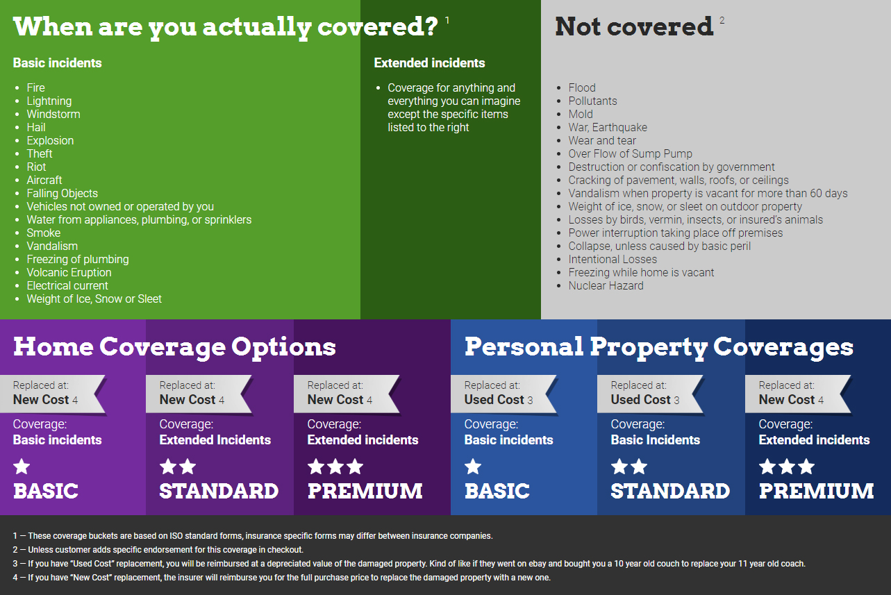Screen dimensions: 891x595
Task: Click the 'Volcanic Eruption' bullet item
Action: tap(69, 272)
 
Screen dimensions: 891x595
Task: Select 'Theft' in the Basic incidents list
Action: tap(40, 153)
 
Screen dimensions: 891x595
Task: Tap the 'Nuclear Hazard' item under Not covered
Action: tap(606, 285)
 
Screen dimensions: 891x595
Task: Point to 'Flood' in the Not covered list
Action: tap(582, 87)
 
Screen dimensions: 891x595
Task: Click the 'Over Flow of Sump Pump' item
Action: tap(630, 153)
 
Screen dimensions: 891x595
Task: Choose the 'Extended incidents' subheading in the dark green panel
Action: tap(429, 63)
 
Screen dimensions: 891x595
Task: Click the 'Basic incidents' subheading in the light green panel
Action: tap(57, 63)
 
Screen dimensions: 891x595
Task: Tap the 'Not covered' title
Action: tap(634, 26)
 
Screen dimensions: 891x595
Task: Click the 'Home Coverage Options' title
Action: tap(174, 347)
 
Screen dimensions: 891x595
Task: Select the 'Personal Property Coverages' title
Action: tap(659, 347)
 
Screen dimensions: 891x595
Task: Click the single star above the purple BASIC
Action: tap(22, 467)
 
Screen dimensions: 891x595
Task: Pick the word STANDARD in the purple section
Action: tap(219, 491)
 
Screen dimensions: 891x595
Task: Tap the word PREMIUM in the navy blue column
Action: tap(816, 491)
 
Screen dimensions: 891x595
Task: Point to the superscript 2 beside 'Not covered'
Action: tap(722, 20)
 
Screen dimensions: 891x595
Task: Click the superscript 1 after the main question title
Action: tap(447, 20)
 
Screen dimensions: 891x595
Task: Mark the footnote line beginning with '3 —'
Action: tap(409, 564)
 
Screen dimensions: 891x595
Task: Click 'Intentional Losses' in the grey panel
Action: tap(613, 260)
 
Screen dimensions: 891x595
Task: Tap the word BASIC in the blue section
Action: tap(497, 491)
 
